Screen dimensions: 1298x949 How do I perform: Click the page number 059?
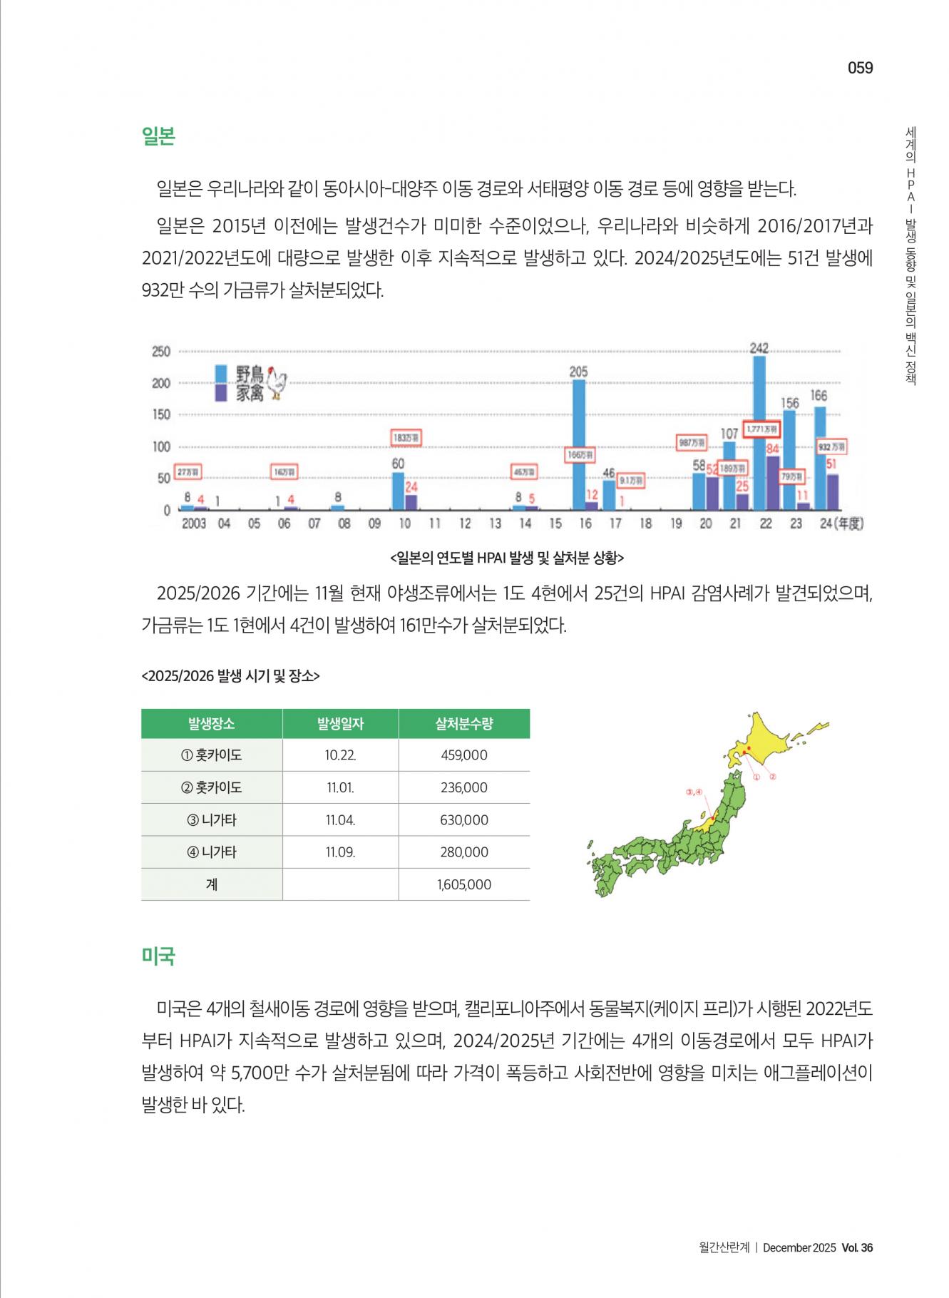point(860,68)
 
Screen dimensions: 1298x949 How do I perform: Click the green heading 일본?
point(158,136)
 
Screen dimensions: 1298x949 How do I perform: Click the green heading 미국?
point(158,956)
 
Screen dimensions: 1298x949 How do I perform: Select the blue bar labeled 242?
point(759,432)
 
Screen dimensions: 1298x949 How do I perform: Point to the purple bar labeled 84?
point(772,483)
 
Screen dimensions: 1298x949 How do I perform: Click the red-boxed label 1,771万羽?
point(761,429)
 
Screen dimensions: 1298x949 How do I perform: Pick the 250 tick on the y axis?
point(161,352)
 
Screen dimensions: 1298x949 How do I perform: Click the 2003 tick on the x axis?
point(193,523)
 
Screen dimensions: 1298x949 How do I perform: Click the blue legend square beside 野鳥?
point(221,373)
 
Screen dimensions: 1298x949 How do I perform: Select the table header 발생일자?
point(340,724)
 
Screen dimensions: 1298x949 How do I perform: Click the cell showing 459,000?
point(464,755)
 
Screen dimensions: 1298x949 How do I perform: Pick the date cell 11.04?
point(340,820)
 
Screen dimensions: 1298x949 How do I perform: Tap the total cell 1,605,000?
point(464,885)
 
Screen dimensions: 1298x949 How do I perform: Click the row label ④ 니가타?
point(212,852)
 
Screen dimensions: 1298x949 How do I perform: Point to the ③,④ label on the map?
point(694,792)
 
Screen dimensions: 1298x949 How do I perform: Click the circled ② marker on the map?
point(772,776)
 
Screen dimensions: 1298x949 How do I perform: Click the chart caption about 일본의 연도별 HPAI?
point(507,558)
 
